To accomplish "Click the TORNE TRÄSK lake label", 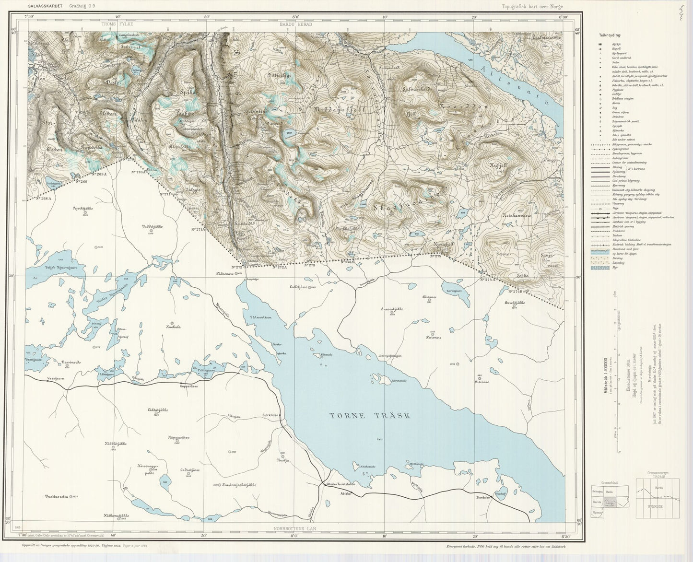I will pyautogui.click(x=370, y=416).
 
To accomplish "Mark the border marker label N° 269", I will pyautogui.click(x=82, y=182).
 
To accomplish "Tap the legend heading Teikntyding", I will pyautogui.click(x=610, y=35).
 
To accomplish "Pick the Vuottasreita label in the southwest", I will pyautogui.click(x=58, y=496).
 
